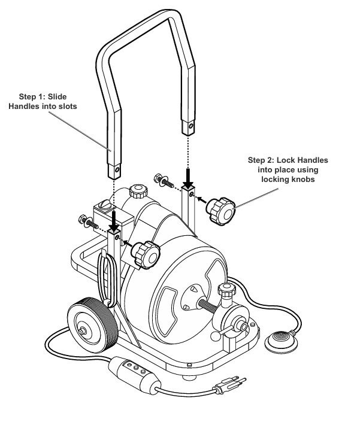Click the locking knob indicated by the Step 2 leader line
point(219,211)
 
